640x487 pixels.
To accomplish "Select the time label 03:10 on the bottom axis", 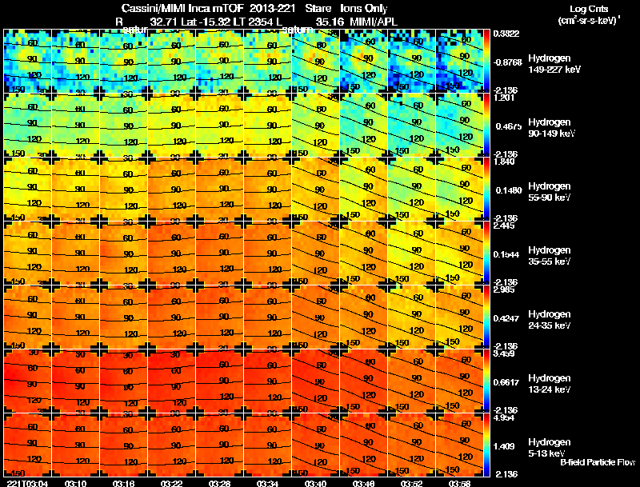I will [77, 482].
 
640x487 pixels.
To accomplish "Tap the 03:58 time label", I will [459, 482].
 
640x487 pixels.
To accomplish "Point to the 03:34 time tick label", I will [268, 482].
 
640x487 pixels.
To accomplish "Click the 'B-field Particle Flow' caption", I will [598, 462].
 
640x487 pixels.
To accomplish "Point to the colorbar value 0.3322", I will [506, 34].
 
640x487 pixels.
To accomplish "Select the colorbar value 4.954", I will [506, 417].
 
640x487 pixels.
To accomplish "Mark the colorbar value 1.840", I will [506, 162].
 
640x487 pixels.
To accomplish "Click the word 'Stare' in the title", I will [318, 9].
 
